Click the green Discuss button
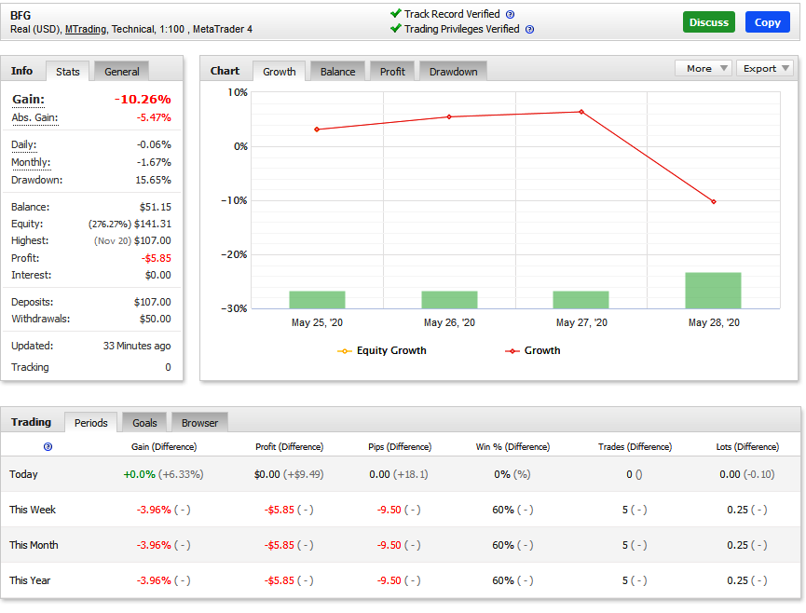point(709,22)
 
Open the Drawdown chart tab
point(453,72)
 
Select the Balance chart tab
point(337,72)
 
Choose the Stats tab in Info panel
point(67,72)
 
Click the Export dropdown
point(765,68)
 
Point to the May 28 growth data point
point(714,201)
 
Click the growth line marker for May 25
point(317,129)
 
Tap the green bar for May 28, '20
point(713,291)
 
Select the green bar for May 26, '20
point(449,300)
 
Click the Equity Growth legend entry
point(382,350)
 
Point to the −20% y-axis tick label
point(234,254)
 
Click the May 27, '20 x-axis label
point(581,322)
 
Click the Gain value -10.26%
point(143,99)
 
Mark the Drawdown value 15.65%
point(153,180)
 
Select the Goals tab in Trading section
point(144,423)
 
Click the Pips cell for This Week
point(399,510)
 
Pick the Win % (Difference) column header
point(512,446)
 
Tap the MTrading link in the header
point(86,29)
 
